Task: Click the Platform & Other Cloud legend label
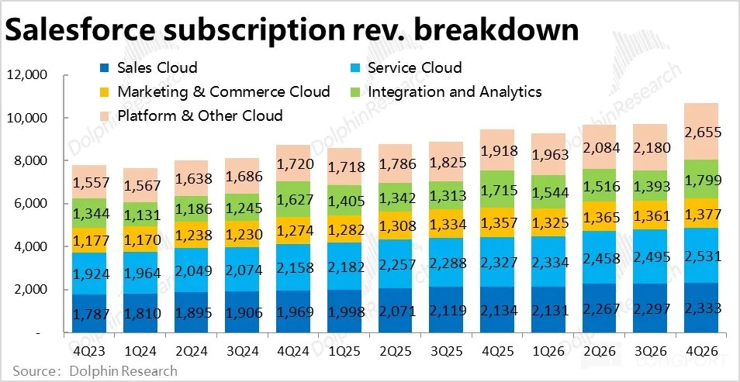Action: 200,116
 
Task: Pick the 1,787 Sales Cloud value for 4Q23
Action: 90,314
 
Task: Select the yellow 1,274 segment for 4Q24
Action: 293,231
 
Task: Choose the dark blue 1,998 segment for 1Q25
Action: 344,311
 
